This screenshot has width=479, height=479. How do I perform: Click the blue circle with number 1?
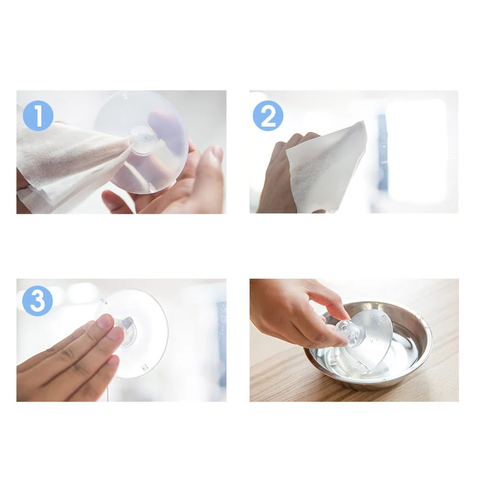click(38, 116)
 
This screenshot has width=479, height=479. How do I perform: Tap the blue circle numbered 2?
click(268, 116)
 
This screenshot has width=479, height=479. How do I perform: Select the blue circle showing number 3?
click(37, 301)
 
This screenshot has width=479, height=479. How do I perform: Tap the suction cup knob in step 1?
click(144, 139)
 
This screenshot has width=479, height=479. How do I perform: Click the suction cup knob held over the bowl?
click(343, 333)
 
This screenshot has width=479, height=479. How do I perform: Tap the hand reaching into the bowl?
click(293, 312)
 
